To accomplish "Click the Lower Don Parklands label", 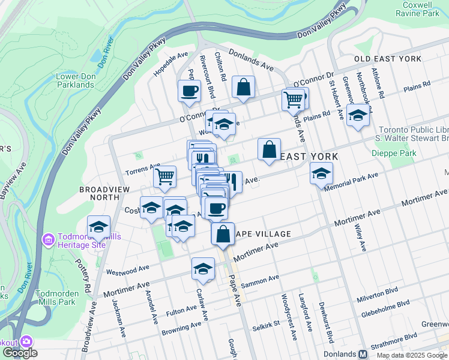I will [x=75, y=80].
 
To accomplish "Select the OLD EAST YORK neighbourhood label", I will [x=388, y=59].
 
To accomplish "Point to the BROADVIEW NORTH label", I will [x=100, y=193].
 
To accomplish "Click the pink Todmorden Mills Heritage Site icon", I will [x=47, y=240].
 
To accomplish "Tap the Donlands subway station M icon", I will [x=363, y=354].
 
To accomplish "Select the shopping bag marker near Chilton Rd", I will [x=243, y=87].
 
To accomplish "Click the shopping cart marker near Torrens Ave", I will [x=164, y=176].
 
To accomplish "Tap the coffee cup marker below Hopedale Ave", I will [x=189, y=91].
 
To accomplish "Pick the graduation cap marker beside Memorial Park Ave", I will [x=321, y=173].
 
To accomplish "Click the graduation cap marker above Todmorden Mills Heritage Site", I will [x=98, y=227].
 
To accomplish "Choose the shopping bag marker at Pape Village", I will [x=223, y=233].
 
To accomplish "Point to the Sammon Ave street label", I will [x=265, y=279].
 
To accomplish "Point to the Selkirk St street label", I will [x=266, y=325].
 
